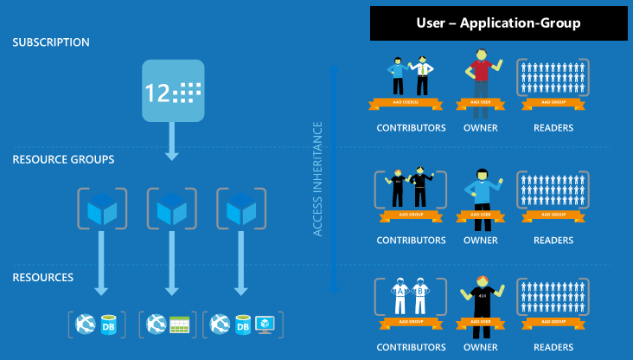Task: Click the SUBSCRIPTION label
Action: coord(51,42)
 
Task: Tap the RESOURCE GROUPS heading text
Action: coord(63,160)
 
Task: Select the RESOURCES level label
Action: coord(43,278)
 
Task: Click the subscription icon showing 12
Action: coord(173,91)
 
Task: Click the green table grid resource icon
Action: coord(179,325)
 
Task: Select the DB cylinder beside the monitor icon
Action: coord(243,325)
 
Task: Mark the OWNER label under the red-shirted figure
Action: coord(480,128)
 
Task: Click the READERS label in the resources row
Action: coord(553,348)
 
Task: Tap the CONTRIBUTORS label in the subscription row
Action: coord(411,128)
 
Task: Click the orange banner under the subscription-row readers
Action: coord(553,103)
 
